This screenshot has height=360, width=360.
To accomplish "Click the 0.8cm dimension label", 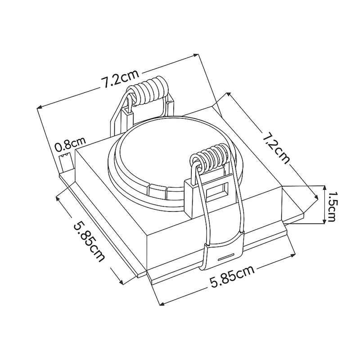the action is (x=70, y=144).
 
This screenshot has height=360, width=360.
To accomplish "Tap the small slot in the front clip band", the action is (x=226, y=257).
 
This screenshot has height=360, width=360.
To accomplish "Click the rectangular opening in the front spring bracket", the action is (x=217, y=190).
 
